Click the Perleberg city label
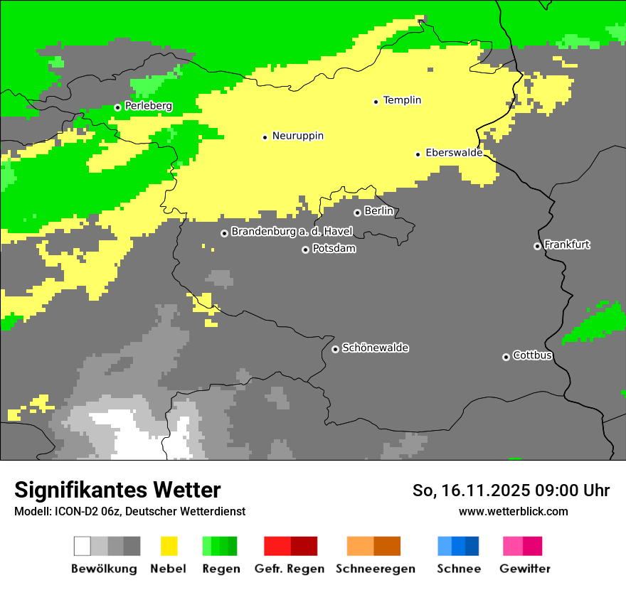(x=148, y=106)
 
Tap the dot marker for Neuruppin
(x=265, y=137)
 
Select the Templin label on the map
(x=402, y=100)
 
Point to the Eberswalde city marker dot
(x=418, y=154)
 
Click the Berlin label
(x=378, y=211)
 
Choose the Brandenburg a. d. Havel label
(x=292, y=232)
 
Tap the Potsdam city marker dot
(x=305, y=250)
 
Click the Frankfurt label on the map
(x=567, y=245)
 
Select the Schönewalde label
(x=375, y=348)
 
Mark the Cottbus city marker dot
(x=506, y=357)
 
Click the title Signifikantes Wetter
(x=117, y=490)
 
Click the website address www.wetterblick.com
(x=513, y=511)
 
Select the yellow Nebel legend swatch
(x=169, y=546)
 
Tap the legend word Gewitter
(x=524, y=569)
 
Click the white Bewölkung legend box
(x=83, y=546)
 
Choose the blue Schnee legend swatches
(x=458, y=546)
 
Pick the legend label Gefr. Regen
(x=290, y=569)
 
